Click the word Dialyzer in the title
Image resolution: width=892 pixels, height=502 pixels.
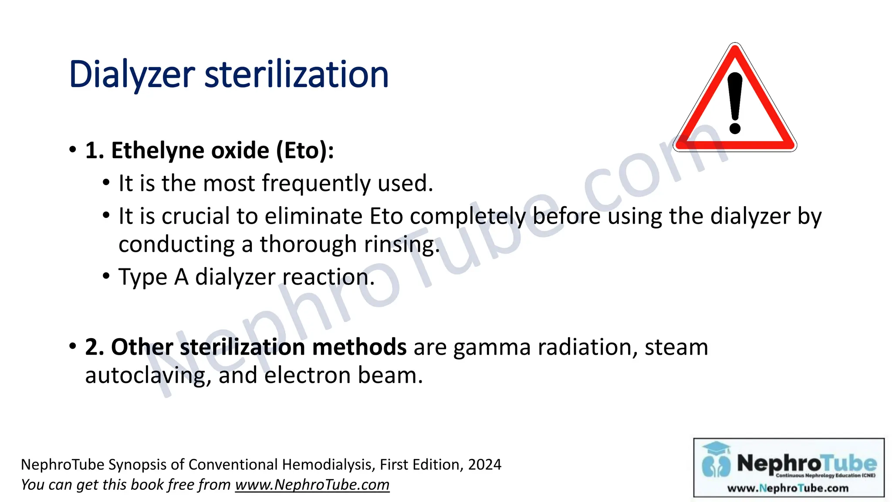(x=132, y=75)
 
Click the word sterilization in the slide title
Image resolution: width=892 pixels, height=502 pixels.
(x=296, y=75)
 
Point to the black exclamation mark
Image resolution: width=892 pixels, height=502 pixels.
(x=735, y=103)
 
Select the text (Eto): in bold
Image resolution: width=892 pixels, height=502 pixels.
(x=305, y=151)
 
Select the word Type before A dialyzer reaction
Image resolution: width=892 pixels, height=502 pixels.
(x=142, y=278)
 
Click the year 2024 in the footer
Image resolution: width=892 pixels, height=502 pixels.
(x=484, y=465)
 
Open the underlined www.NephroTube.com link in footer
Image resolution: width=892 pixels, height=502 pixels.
(x=312, y=485)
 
